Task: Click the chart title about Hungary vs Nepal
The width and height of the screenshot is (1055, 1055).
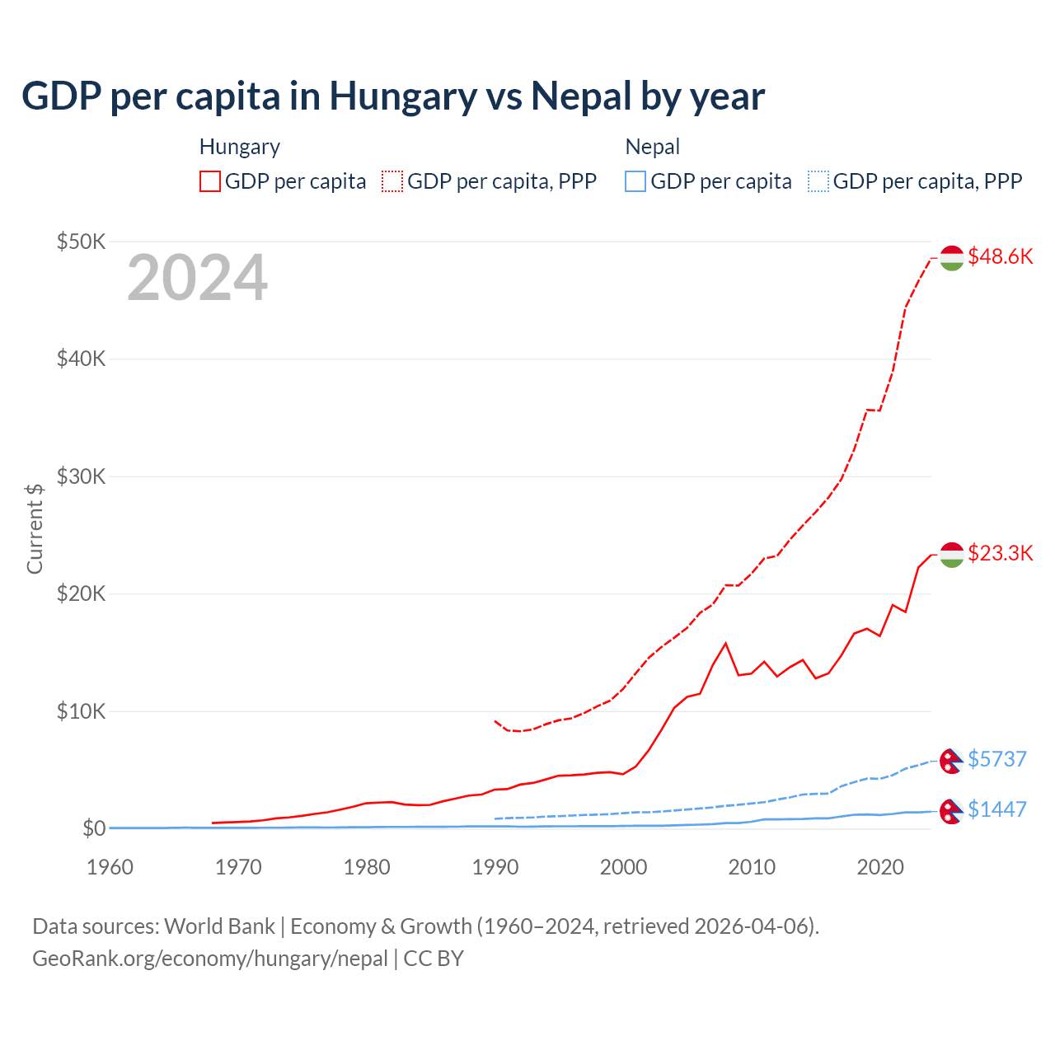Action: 393,96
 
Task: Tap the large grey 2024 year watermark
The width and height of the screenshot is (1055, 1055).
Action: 197,278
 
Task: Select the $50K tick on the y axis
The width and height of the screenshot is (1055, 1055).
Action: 81,241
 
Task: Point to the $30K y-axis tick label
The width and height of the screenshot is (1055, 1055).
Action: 81,476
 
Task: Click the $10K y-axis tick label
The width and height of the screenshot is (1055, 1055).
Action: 81,711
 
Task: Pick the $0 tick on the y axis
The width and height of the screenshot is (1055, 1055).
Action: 93,828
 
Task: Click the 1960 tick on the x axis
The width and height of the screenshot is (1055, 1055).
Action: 110,867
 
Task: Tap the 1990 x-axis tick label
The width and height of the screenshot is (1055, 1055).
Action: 495,867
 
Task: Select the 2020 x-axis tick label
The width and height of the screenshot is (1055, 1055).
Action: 880,867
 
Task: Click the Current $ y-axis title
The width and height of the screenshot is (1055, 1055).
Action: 35,528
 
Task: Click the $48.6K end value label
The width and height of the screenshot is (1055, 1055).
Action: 1000,256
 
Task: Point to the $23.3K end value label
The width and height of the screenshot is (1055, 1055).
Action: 1000,553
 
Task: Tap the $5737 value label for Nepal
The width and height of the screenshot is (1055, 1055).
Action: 997,759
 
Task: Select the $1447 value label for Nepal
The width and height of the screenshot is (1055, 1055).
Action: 997,809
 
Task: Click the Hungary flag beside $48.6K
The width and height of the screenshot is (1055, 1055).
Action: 952,258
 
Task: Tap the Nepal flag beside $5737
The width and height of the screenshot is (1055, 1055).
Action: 951,761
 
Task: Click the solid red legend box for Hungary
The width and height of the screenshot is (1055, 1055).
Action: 210,181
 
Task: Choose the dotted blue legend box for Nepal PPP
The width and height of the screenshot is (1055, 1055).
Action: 818,181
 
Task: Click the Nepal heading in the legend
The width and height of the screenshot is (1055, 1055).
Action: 652,147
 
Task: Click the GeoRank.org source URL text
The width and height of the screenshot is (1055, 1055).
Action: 209,959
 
